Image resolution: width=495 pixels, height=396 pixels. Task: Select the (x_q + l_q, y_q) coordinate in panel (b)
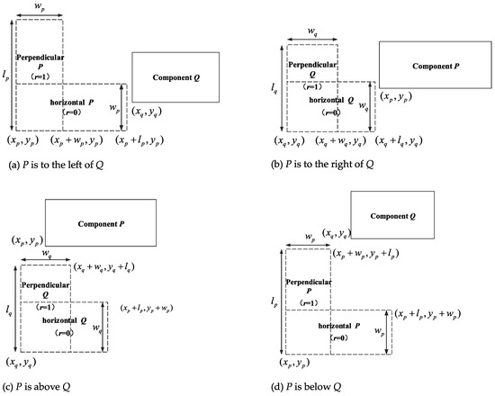click(401, 142)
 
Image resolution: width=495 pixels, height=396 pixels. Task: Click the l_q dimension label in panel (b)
click(276, 88)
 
